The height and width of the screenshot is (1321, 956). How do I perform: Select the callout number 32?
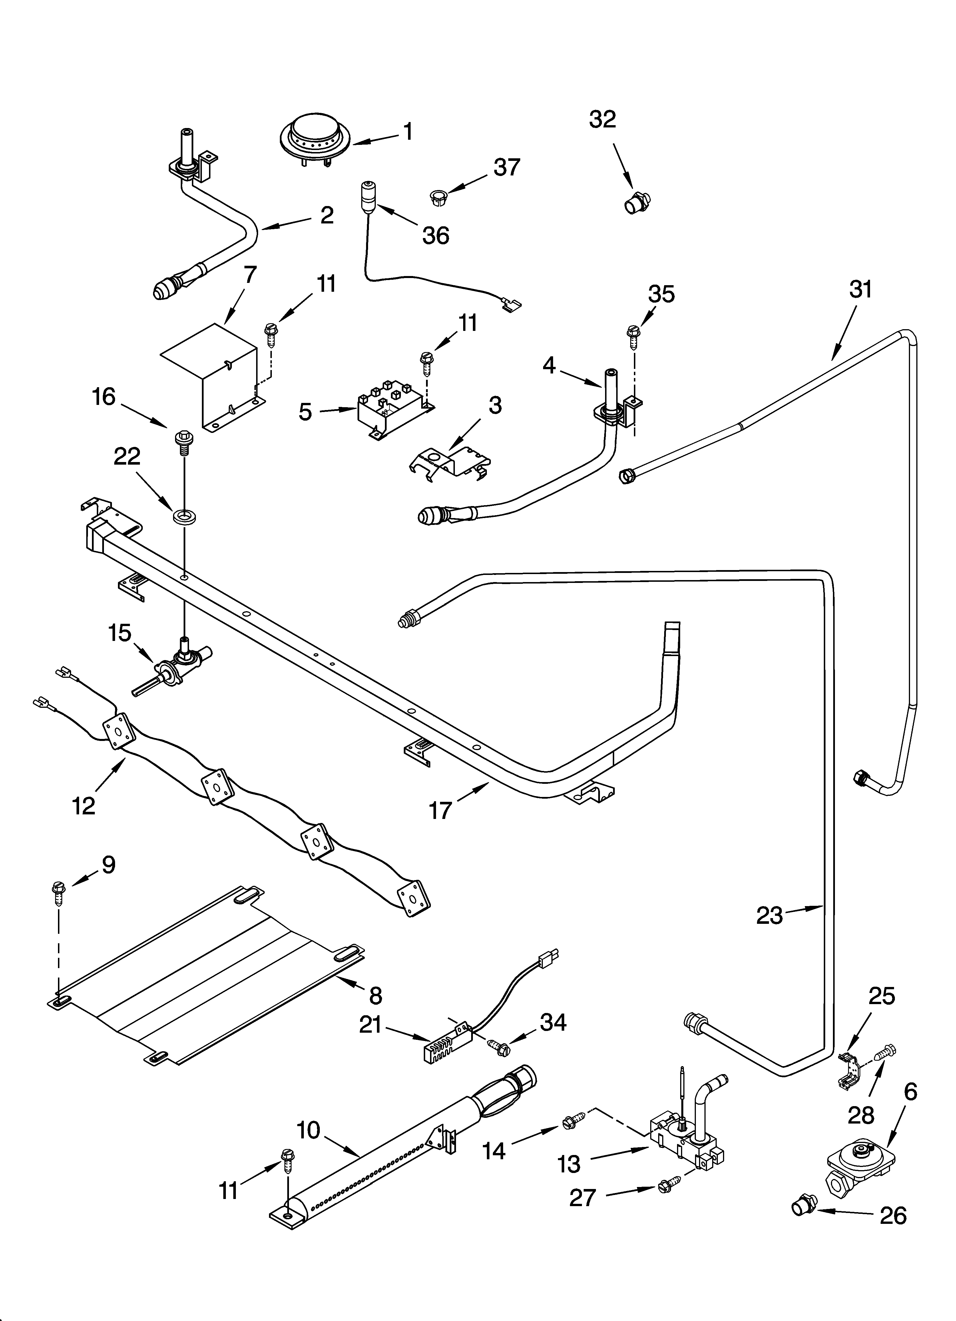pyautogui.click(x=602, y=119)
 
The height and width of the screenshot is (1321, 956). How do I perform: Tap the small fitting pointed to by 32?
pyautogui.click(x=636, y=203)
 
